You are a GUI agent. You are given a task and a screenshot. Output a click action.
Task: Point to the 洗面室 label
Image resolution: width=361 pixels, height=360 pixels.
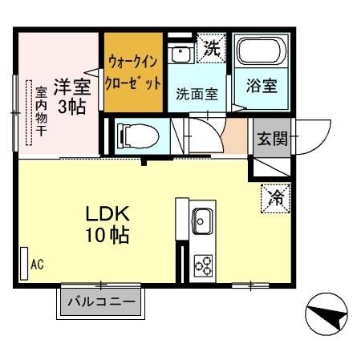[197, 92]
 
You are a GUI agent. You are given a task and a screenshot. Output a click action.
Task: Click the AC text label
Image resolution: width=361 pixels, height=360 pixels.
[37, 262]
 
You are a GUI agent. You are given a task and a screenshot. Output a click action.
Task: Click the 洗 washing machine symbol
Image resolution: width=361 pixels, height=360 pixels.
[211, 48]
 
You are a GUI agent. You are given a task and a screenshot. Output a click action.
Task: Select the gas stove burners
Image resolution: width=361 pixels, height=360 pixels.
[202, 265]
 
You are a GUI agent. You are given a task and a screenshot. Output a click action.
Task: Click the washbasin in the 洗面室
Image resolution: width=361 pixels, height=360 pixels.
[183, 53]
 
